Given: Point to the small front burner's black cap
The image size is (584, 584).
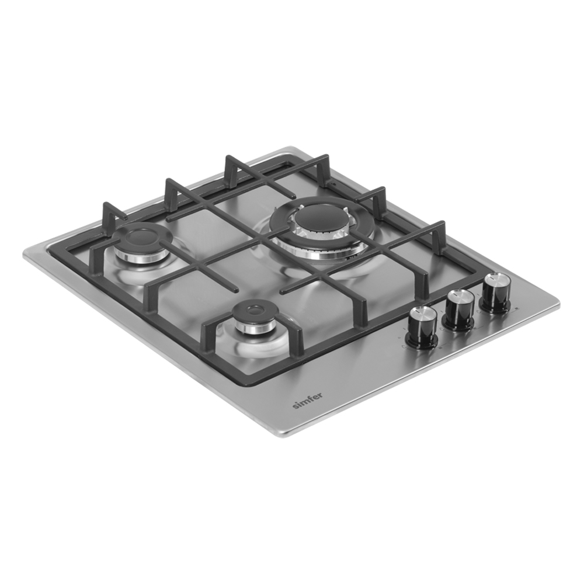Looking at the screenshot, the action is [x=255, y=310].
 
